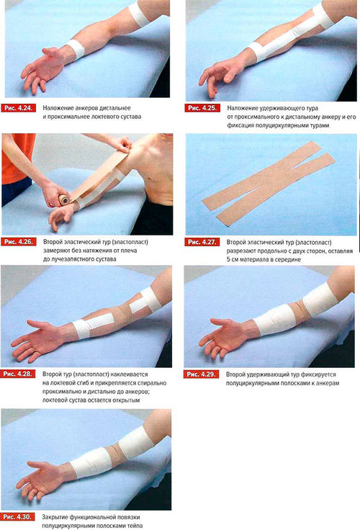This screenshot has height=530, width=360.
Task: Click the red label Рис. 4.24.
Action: click(x=19, y=108)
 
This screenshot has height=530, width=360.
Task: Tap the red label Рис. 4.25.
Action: click(x=202, y=108)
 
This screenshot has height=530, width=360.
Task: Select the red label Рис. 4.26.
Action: click(x=19, y=242)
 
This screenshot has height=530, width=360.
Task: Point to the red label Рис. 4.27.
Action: click(x=202, y=242)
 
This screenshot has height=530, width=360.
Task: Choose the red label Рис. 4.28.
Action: click(x=17, y=374)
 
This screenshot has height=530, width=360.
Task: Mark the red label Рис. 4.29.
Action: click(x=202, y=374)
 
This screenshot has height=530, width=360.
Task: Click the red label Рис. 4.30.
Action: click(x=17, y=517)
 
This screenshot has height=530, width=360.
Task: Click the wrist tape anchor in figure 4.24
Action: click(x=76, y=49)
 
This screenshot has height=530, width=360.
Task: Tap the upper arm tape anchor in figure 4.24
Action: click(x=139, y=13)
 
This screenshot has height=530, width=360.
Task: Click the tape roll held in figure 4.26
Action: click(x=64, y=200)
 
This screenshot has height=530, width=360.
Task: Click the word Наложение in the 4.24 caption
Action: click(x=56, y=108)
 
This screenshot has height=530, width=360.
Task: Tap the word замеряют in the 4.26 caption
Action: click(x=55, y=251)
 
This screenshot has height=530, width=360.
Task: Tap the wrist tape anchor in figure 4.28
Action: click(x=81, y=329)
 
